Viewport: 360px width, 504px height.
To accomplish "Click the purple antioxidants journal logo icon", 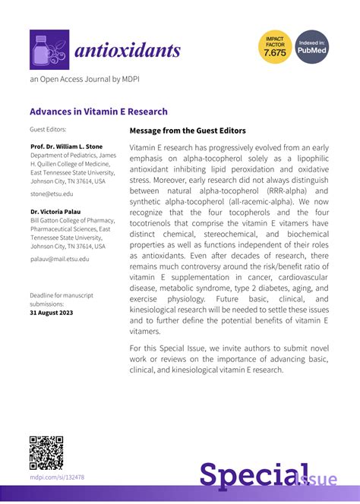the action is (x=49, y=49).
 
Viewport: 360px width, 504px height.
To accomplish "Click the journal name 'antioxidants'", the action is (x=127, y=50).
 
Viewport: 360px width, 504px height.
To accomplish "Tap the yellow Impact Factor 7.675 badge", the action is (x=275, y=48).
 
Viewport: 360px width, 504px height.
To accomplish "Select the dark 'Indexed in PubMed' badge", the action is (x=311, y=48).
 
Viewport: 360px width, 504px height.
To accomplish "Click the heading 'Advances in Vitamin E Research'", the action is (x=99, y=111).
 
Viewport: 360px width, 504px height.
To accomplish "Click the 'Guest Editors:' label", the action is (x=47, y=130).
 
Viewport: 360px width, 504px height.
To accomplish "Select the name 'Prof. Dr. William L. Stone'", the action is (x=67, y=146).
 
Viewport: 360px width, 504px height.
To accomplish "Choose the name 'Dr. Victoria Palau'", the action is (x=57, y=211).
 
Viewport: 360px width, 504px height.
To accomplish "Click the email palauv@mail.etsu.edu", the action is (x=59, y=260).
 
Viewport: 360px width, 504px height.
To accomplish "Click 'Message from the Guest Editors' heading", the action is (x=188, y=131).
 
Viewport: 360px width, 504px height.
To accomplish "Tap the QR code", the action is (x=46, y=453).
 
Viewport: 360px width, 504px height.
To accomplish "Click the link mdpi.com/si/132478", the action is (x=57, y=477).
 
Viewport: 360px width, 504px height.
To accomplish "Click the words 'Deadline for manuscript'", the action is (x=62, y=295).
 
